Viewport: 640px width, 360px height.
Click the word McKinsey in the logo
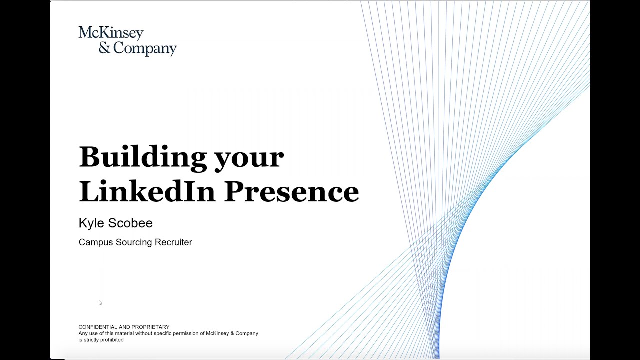click(111, 33)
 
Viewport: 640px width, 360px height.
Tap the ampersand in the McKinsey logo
click(104, 48)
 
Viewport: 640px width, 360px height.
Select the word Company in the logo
click(145, 49)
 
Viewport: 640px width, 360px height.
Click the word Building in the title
click(142, 157)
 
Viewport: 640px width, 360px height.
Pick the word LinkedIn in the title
click(147, 191)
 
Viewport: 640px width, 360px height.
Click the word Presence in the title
click(291, 191)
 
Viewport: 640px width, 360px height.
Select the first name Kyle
click(90, 223)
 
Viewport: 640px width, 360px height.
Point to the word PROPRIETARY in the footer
click(148, 327)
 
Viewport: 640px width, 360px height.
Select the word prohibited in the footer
click(111, 340)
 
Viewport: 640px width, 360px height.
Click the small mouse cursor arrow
click(100, 302)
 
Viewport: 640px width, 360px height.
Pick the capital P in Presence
click(234, 191)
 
